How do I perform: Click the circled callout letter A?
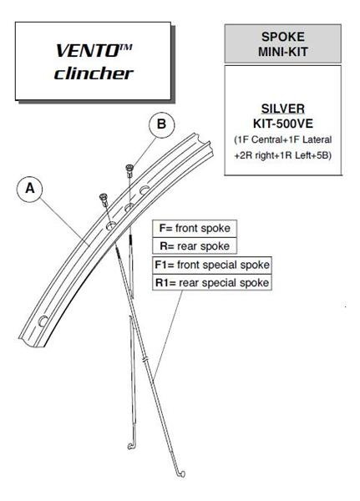pyautogui.click(x=30, y=189)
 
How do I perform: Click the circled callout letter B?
pyautogui.click(x=162, y=124)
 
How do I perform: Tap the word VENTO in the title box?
pyautogui.click(x=88, y=51)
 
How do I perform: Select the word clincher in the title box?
pyautogui.click(x=94, y=73)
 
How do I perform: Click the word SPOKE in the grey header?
pyautogui.click(x=283, y=37)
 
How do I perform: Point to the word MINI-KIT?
pyautogui.click(x=283, y=52)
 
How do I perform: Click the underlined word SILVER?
pyautogui.click(x=283, y=109)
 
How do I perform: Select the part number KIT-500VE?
pyautogui.click(x=283, y=124)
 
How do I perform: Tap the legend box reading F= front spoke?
pyautogui.click(x=195, y=229)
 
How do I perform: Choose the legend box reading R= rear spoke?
pyautogui.click(x=195, y=246)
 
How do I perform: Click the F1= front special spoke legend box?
pyautogui.click(x=212, y=266)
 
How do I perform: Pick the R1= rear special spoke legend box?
pyautogui.click(x=212, y=283)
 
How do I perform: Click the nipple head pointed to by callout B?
pyautogui.click(x=129, y=169)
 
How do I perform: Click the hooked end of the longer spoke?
pyautogui.click(x=180, y=474)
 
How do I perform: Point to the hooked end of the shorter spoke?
pyautogui.click(x=132, y=446)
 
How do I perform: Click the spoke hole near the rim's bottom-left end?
pyautogui.click(x=43, y=321)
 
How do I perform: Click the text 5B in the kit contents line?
pyautogui.click(x=322, y=155)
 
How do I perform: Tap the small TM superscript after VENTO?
pyautogui.click(x=126, y=47)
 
